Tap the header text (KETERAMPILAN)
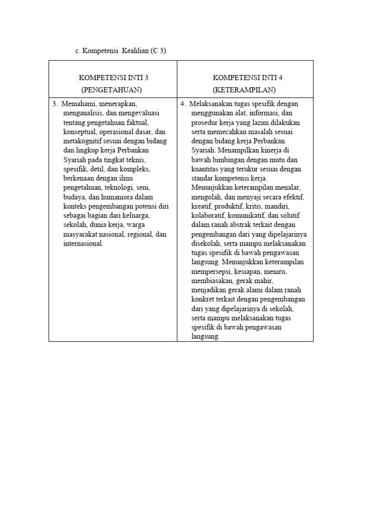point(244,89)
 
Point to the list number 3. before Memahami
point(55,104)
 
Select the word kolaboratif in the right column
point(207,216)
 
